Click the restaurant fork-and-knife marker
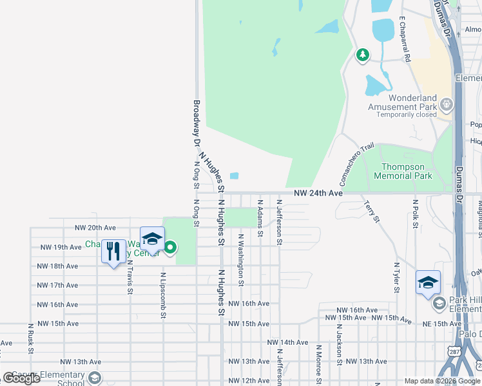pos(113,251)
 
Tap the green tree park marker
pos(363,55)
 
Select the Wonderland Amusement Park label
pos(402,103)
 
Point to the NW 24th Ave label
pos(318,193)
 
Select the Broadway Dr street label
pos(197,124)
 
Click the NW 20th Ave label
pos(95,228)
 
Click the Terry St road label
pos(371,212)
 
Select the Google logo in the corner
pos(22,378)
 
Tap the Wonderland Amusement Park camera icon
pos(445,103)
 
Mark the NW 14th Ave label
pos(288,342)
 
